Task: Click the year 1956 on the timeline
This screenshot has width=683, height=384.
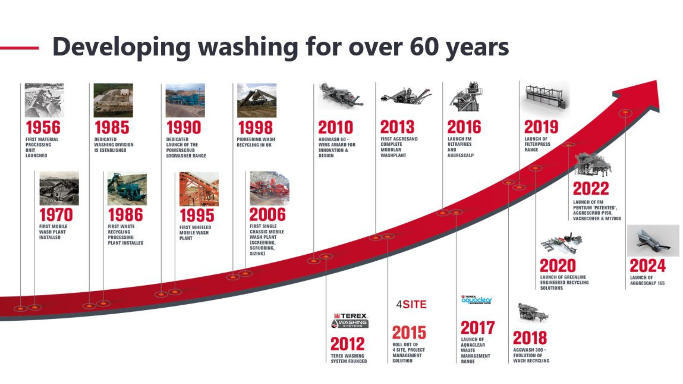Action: pos(43,128)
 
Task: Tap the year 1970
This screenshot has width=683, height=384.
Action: pos(56,215)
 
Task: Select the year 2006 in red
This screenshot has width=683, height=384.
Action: pos(267,214)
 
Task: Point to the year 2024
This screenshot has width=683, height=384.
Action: pos(647,266)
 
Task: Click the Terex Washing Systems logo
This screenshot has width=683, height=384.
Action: pos(350,320)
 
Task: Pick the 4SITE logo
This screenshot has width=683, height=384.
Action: pos(411,304)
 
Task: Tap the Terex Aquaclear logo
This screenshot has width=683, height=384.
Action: pos(476,300)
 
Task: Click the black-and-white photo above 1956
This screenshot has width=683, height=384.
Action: pos(44,100)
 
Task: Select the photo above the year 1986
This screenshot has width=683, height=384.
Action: pos(127,189)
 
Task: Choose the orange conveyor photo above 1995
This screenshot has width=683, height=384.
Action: pos(199,189)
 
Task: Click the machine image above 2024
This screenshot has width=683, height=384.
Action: pos(653,241)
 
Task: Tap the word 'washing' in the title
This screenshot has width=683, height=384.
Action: pos(248,47)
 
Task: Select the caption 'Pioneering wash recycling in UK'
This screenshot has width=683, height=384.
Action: pos(256,142)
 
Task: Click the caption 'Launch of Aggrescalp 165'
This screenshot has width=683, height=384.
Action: pos(647,281)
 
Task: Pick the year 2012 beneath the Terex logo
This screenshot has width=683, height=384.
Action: pos(348,344)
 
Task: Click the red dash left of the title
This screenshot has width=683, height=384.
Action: pos(20,48)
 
